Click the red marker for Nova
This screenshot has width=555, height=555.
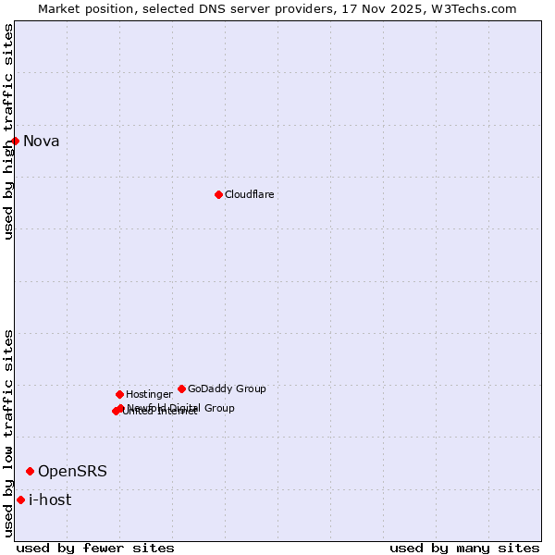pos(16,141)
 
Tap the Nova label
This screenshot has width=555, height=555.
pos(41,142)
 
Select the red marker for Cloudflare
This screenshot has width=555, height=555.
pos(218,194)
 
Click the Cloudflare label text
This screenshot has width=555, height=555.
pos(249,195)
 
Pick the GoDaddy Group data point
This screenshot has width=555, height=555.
pos(181,388)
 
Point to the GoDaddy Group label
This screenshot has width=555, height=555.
pos(227,389)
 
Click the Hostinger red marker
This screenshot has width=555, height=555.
pos(119,394)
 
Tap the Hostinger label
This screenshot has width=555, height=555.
pos(149,395)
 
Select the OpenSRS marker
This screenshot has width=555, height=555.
pos(30,471)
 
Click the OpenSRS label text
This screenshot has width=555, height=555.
pos(72,472)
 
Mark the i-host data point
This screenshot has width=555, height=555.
pos(20,499)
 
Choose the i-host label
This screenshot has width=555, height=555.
pos(50,500)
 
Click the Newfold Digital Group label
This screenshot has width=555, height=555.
pos(181,408)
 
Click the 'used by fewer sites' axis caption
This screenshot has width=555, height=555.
pos(95,549)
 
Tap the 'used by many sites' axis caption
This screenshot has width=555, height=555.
pos(464,549)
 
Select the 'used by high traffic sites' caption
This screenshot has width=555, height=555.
pos(9,131)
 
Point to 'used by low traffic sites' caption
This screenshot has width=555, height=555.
pos(9,432)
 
